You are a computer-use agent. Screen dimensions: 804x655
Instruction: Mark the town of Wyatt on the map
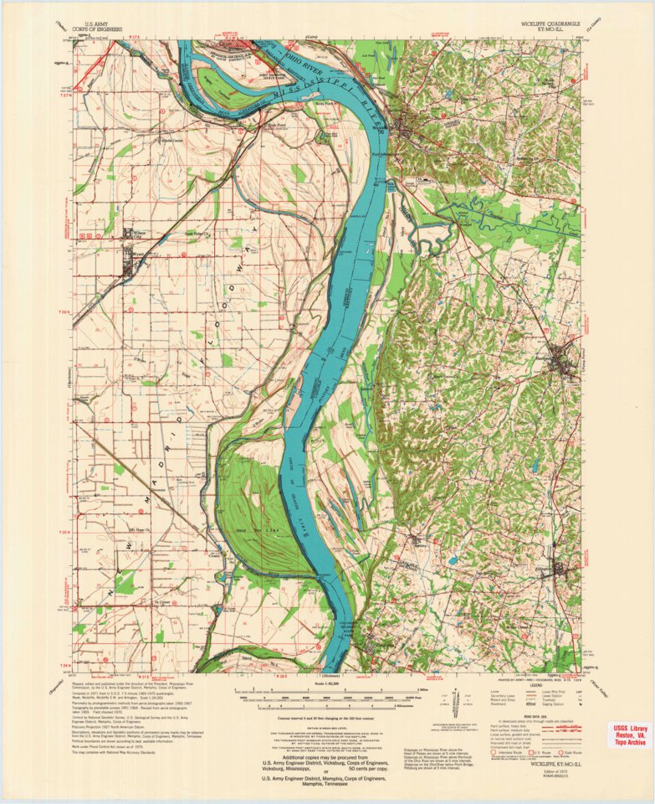[126, 269]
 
